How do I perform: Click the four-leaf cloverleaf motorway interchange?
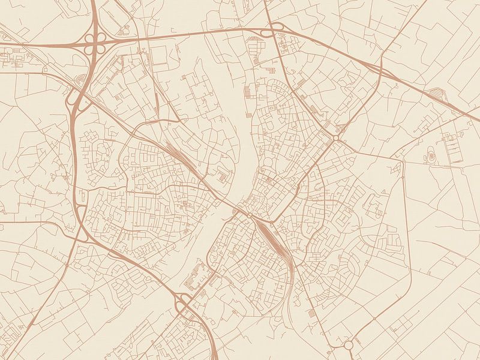[95, 43]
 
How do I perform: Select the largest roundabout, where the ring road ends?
[349, 345]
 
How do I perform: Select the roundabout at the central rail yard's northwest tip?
[249, 215]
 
